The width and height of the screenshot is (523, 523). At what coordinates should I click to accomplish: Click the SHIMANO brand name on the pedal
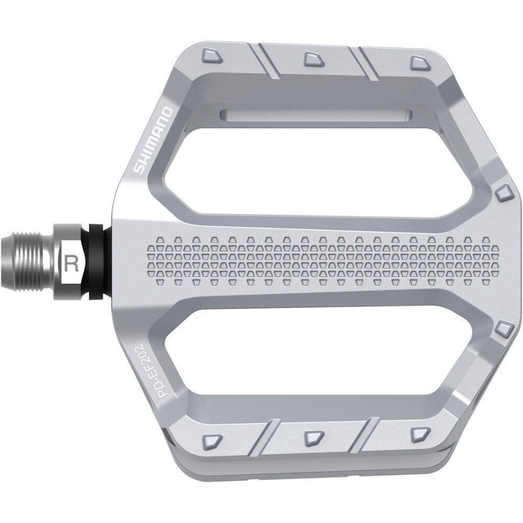coord(152,140)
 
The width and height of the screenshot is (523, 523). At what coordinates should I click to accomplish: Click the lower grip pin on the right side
coord(504,329)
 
